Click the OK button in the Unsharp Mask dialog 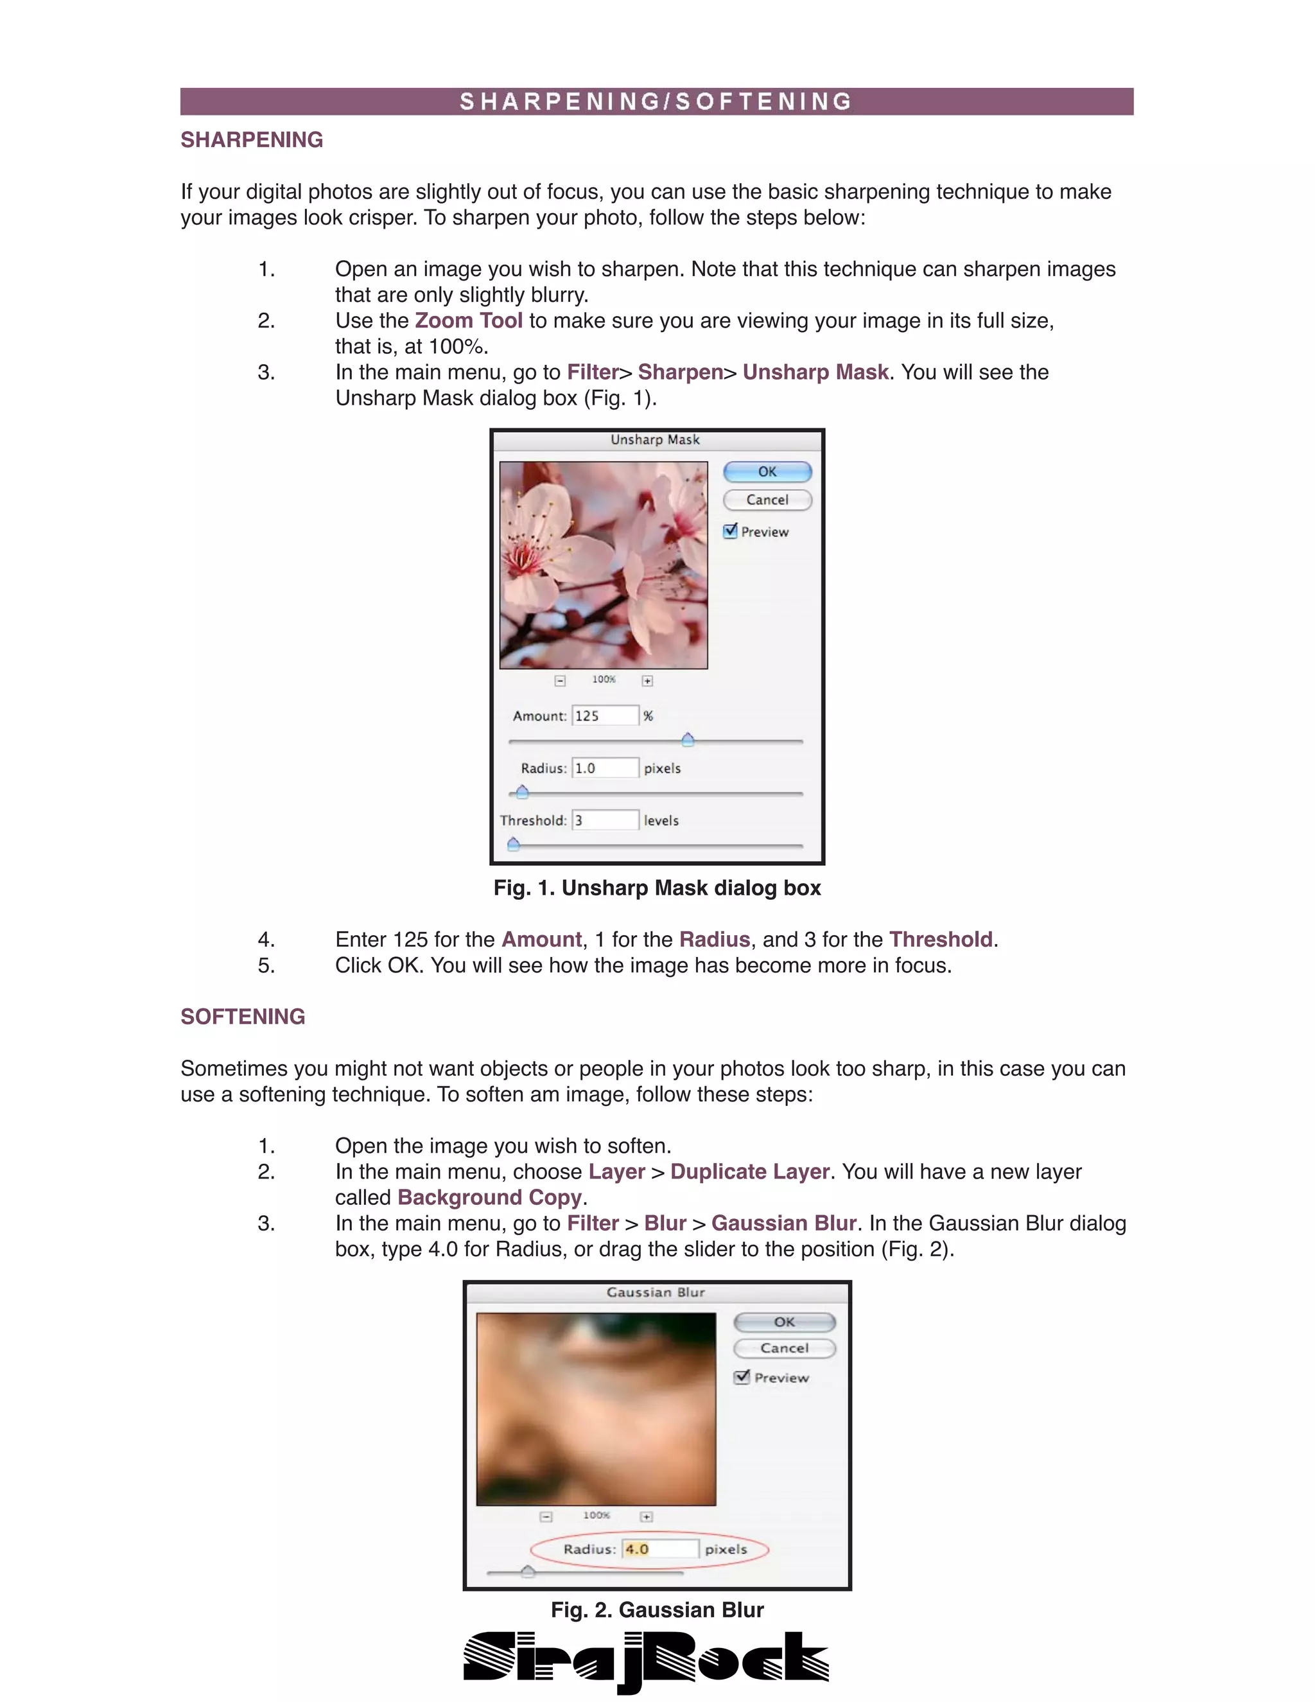click(767, 471)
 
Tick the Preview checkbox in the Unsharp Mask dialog click(730, 531)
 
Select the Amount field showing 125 click(605, 715)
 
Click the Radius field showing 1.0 click(605, 768)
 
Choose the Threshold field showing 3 click(605, 820)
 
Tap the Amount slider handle click(688, 739)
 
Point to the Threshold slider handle click(514, 843)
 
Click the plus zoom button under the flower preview click(647, 680)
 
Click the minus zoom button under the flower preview click(559, 680)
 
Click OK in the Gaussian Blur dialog click(785, 1322)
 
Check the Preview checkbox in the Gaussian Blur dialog click(742, 1377)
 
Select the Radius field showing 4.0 click(661, 1548)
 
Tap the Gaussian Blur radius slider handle click(527, 1571)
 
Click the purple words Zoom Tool click(468, 320)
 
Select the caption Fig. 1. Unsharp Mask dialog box click(657, 888)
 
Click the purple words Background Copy click(489, 1197)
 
